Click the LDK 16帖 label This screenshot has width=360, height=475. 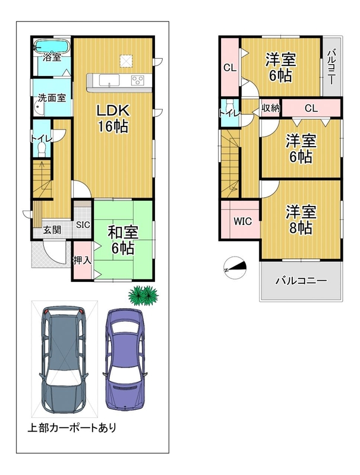[x=113, y=118]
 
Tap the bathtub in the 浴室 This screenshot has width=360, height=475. [x=52, y=46]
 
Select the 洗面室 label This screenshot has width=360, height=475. [x=52, y=98]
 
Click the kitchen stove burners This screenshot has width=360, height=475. [x=137, y=80]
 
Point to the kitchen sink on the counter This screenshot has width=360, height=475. [x=109, y=81]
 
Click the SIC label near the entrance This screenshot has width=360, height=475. [x=83, y=225]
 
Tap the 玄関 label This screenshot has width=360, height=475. [x=52, y=230]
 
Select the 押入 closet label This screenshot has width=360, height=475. [x=82, y=260]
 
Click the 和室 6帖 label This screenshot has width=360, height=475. [x=123, y=240]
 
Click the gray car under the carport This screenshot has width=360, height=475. [x=64, y=359]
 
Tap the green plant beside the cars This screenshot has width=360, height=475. [x=143, y=295]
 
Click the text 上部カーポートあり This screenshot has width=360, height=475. [x=72, y=427]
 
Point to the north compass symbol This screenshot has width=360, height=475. [x=235, y=268]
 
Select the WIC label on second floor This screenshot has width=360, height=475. [x=242, y=221]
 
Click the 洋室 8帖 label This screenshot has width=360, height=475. [x=301, y=220]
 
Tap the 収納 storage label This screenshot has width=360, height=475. [x=270, y=108]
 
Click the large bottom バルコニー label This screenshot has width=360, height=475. [x=301, y=281]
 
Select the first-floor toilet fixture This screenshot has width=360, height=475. [x=41, y=148]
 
